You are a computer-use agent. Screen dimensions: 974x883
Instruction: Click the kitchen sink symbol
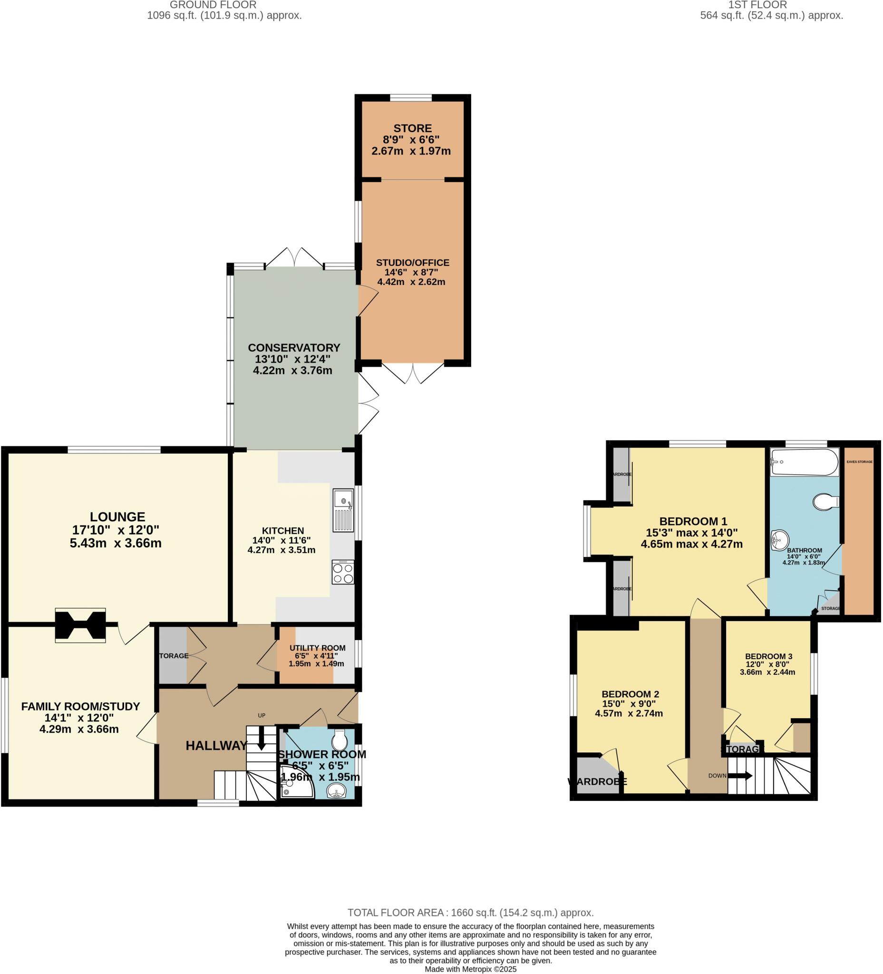343,510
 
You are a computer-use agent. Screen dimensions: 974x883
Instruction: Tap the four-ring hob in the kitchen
343,573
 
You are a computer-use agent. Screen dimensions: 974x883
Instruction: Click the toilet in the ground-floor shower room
340,740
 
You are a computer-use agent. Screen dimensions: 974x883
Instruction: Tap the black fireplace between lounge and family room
80,625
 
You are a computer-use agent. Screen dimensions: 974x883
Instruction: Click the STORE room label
412,128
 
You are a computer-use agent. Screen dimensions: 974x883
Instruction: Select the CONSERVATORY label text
294,348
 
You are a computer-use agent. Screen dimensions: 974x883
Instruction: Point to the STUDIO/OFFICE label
413,263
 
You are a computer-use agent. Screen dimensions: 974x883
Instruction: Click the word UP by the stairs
262,716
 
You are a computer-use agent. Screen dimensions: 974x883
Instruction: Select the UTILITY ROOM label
317,648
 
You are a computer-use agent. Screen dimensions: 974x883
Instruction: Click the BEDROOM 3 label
768,657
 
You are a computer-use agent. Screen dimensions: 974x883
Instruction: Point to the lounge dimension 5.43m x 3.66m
116,543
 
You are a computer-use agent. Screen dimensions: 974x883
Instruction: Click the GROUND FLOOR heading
213,5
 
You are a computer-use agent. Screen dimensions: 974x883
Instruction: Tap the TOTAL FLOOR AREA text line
470,913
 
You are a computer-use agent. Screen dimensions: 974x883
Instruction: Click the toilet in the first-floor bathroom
826,501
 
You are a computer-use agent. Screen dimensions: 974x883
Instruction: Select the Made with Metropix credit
470,969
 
